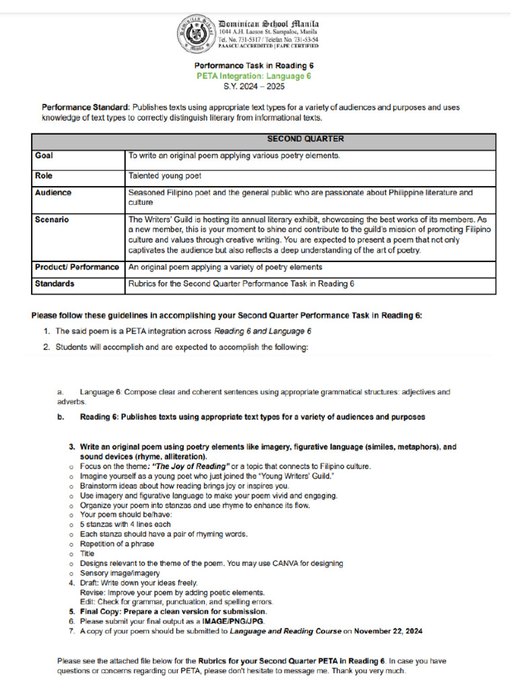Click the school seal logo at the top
196,33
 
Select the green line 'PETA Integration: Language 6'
254,76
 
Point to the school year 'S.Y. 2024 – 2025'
254,86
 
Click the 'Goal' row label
44,156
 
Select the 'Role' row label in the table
44,175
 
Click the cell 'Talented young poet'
164,175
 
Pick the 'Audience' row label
53,193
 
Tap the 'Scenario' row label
52,220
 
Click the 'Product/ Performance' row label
77,267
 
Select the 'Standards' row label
55,284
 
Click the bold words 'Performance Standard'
85,107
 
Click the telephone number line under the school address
268,39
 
